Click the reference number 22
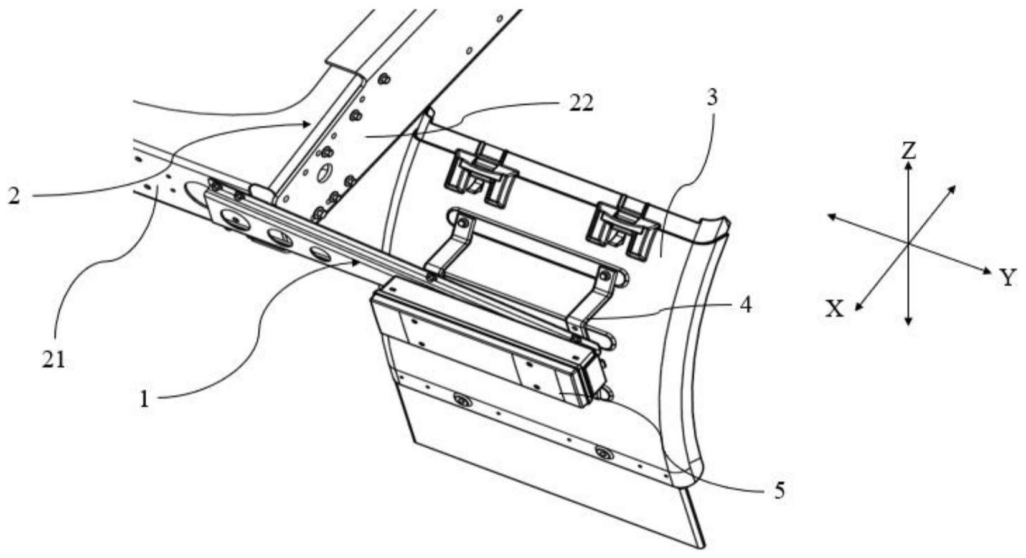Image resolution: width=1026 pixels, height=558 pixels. (x=580, y=103)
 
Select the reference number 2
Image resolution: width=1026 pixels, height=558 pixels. (x=14, y=196)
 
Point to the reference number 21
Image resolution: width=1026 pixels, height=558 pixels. (x=54, y=361)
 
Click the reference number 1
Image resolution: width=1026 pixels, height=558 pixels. (x=144, y=399)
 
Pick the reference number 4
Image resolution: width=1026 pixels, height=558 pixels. (x=745, y=305)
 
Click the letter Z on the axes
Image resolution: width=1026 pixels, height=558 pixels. (x=909, y=151)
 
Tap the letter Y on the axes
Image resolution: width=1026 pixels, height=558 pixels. (x=1009, y=277)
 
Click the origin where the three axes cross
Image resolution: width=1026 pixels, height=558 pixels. (x=909, y=243)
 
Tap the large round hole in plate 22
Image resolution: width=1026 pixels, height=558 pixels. (x=324, y=174)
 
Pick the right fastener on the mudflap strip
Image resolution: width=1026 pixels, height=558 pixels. (x=601, y=452)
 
